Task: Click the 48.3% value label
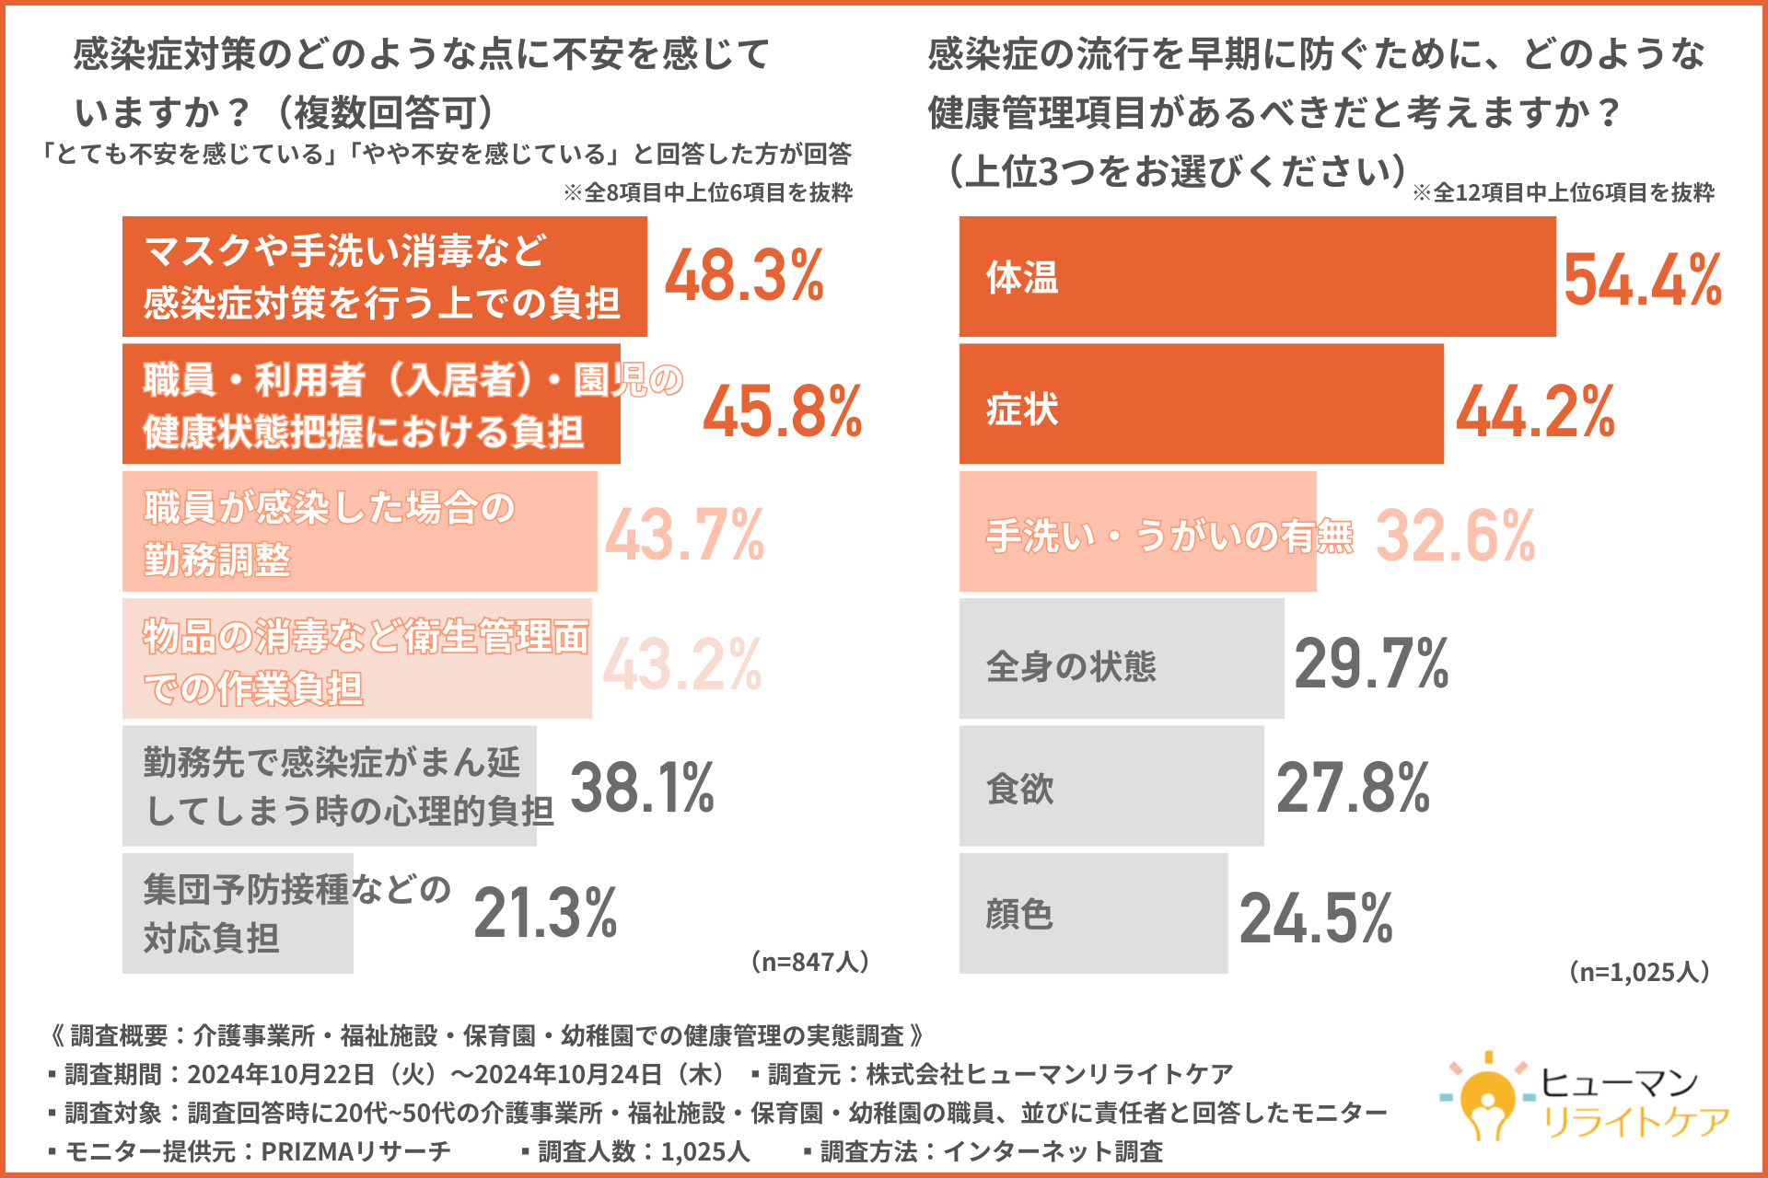point(744,275)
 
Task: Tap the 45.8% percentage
point(783,410)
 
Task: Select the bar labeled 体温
point(1257,276)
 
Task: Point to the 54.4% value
point(1643,279)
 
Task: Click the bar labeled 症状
point(1201,404)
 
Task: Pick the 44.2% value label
point(1535,410)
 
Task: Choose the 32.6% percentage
point(1455,535)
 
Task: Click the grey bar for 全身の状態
point(1121,659)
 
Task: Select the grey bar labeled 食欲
point(1111,786)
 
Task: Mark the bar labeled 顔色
point(1093,913)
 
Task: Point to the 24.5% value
point(1316,918)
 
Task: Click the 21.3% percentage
point(545,912)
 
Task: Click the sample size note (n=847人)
point(810,962)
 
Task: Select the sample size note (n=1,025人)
point(1639,972)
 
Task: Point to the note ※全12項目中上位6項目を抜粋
point(1563,192)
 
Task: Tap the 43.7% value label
point(684,535)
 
